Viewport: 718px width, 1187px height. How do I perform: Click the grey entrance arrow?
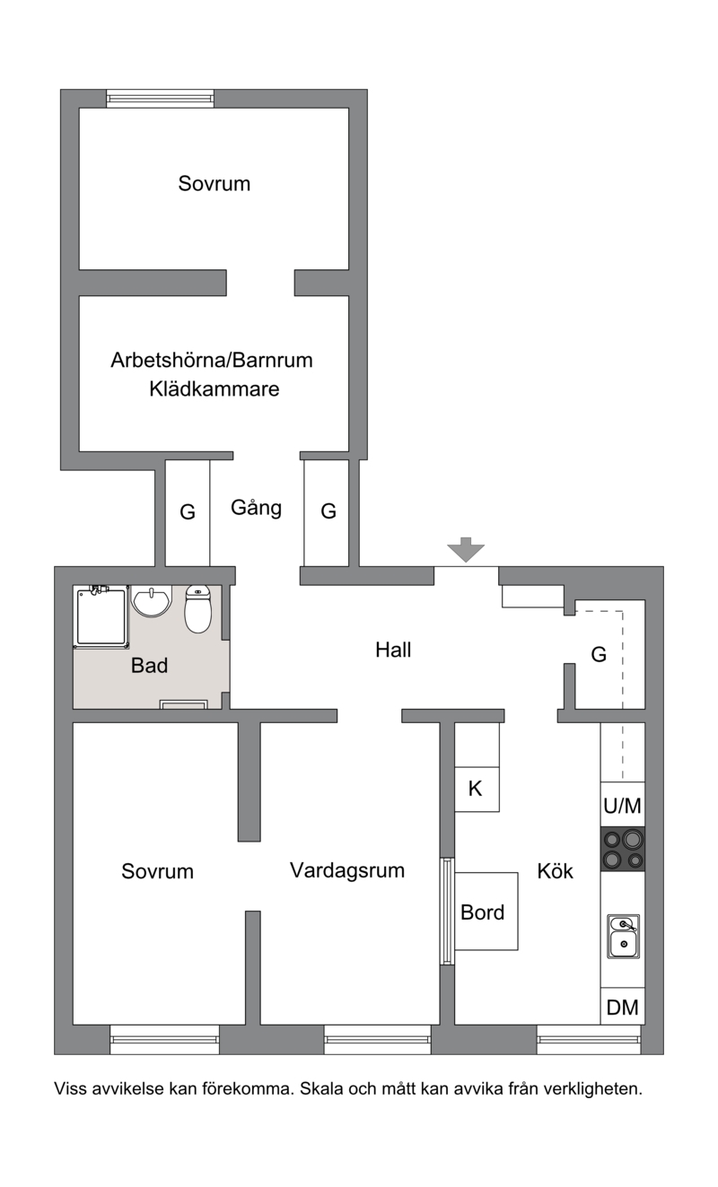(x=465, y=549)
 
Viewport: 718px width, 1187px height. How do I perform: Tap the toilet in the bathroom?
(x=197, y=609)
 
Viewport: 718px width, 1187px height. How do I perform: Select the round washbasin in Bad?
(x=151, y=601)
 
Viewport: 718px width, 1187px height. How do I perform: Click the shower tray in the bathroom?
(x=101, y=616)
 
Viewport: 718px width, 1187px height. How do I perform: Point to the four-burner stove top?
(x=623, y=849)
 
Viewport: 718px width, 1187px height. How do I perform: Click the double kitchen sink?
(x=623, y=937)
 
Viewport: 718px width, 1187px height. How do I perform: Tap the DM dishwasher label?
(x=623, y=1008)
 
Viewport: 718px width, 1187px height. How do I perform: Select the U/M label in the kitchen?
(x=623, y=806)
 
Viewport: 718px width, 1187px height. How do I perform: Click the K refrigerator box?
(x=477, y=789)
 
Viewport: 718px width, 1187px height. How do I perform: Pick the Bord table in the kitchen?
(x=486, y=912)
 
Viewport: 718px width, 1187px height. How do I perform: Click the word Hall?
(x=393, y=650)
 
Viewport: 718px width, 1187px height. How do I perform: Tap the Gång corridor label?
(x=256, y=508)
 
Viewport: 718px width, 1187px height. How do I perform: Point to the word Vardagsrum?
(x=347, y=870)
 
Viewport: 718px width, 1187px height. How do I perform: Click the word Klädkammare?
(x=215, y=389)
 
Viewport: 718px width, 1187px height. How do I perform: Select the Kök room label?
(x=556, y=871)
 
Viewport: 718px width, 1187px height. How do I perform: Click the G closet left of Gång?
(x=188, y=512)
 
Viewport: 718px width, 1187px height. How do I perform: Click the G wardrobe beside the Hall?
(x=599, y=654)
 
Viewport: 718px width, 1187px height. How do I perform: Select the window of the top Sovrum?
(x=160, y=99)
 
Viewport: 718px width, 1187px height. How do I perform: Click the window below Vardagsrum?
(x=377, y=1039)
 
